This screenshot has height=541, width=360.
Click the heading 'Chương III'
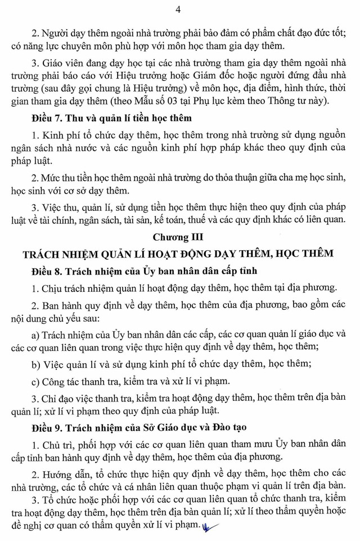(178, 237)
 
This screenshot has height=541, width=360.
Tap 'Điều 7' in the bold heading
(44, 118)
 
